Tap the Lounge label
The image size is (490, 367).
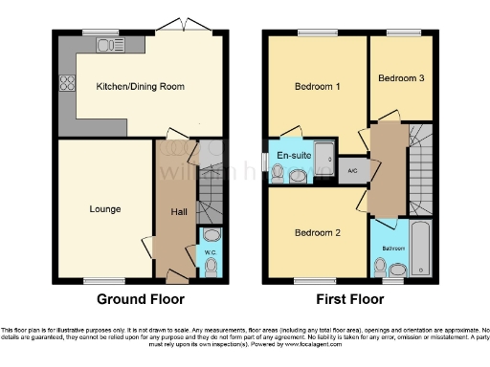[104, 207]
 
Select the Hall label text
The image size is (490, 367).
[179, 212]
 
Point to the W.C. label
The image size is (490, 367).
[212, 252]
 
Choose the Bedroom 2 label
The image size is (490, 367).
[317, 232]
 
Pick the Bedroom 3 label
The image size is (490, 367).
[401, 78]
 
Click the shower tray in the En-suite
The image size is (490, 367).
[323, 150]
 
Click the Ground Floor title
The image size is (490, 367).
[141, 298]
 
